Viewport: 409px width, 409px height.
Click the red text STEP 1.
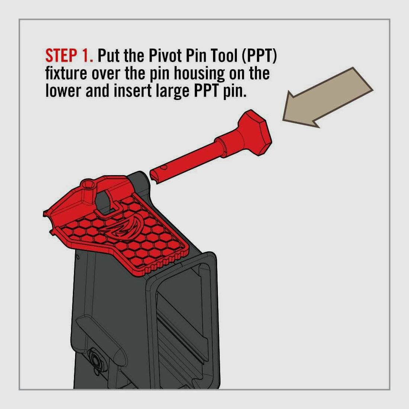tap(69, 56)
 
